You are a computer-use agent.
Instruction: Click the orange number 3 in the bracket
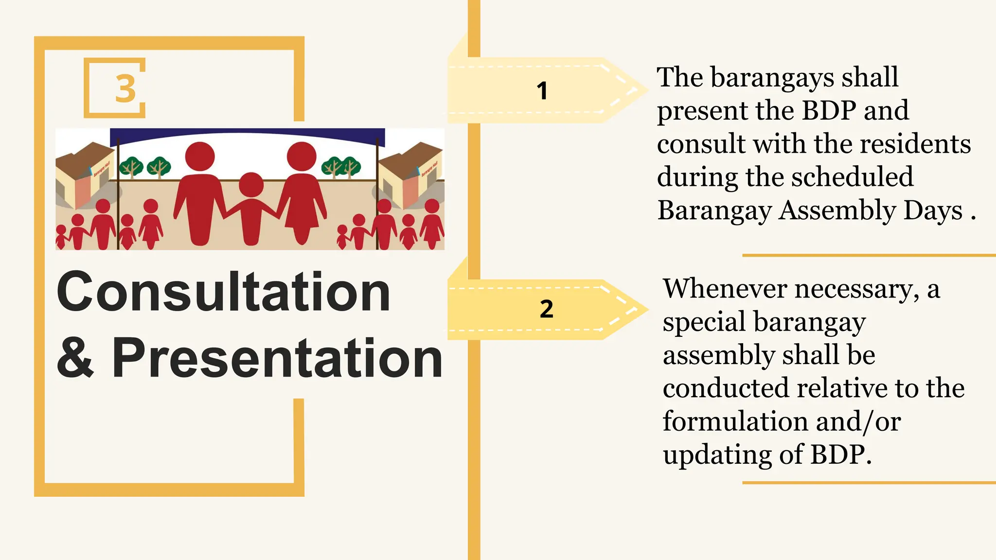[125, 88]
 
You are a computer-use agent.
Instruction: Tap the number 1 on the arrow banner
[542, 91]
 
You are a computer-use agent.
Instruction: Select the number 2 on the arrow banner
[546, 309]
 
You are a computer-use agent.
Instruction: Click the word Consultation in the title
[223, 292]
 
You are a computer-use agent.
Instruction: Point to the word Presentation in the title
[277, 358]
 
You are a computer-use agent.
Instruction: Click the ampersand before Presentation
[75, 358]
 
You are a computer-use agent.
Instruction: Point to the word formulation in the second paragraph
[734, 421]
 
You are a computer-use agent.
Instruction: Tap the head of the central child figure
[251, 185]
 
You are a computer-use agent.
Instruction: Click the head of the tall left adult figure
[200, 156]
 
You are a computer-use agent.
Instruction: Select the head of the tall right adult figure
[302, 156]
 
